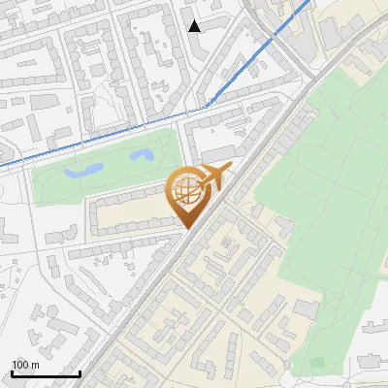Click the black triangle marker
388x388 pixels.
(195, 26)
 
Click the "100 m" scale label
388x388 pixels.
(25, 365)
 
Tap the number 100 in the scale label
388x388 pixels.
(21, 365)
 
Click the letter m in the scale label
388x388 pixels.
(35, 365)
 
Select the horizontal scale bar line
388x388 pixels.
(46, 373)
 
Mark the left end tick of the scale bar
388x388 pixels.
(12, 372)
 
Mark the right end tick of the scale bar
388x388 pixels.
(80, 372)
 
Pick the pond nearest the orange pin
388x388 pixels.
(143, 155)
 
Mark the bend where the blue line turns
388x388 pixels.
(206, 106)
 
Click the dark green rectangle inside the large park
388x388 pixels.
(317, 363)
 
